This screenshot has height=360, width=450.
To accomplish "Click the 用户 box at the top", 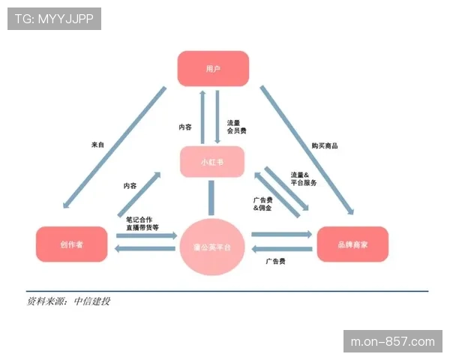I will pyautogui.click(x=213, y=68).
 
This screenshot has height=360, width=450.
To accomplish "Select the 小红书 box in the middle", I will pyautogui.click(x=212, y=162).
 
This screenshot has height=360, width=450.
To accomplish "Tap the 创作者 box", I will pyautogui.click(x=71, y=244).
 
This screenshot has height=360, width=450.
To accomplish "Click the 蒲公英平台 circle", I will pyautogui.click(x=213, y=246).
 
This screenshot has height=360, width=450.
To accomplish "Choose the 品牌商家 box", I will pyautogui.click(x=352, y=244).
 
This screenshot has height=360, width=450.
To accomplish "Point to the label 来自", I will pyautogui.click(x=97, y=145).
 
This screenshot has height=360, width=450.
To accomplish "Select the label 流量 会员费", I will pyautogui.click(x=236, y=126).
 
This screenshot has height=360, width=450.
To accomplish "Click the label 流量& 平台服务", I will pyautogui.click(x=304, y=178).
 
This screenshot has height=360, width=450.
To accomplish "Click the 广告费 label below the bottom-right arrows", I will pyautogui.click(x=275, y=262).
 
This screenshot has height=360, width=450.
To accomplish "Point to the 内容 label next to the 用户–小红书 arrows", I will pyautogui.click(x=185, y=127).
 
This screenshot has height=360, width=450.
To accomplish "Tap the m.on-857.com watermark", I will pyautogui.click(x=392, y=342).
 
